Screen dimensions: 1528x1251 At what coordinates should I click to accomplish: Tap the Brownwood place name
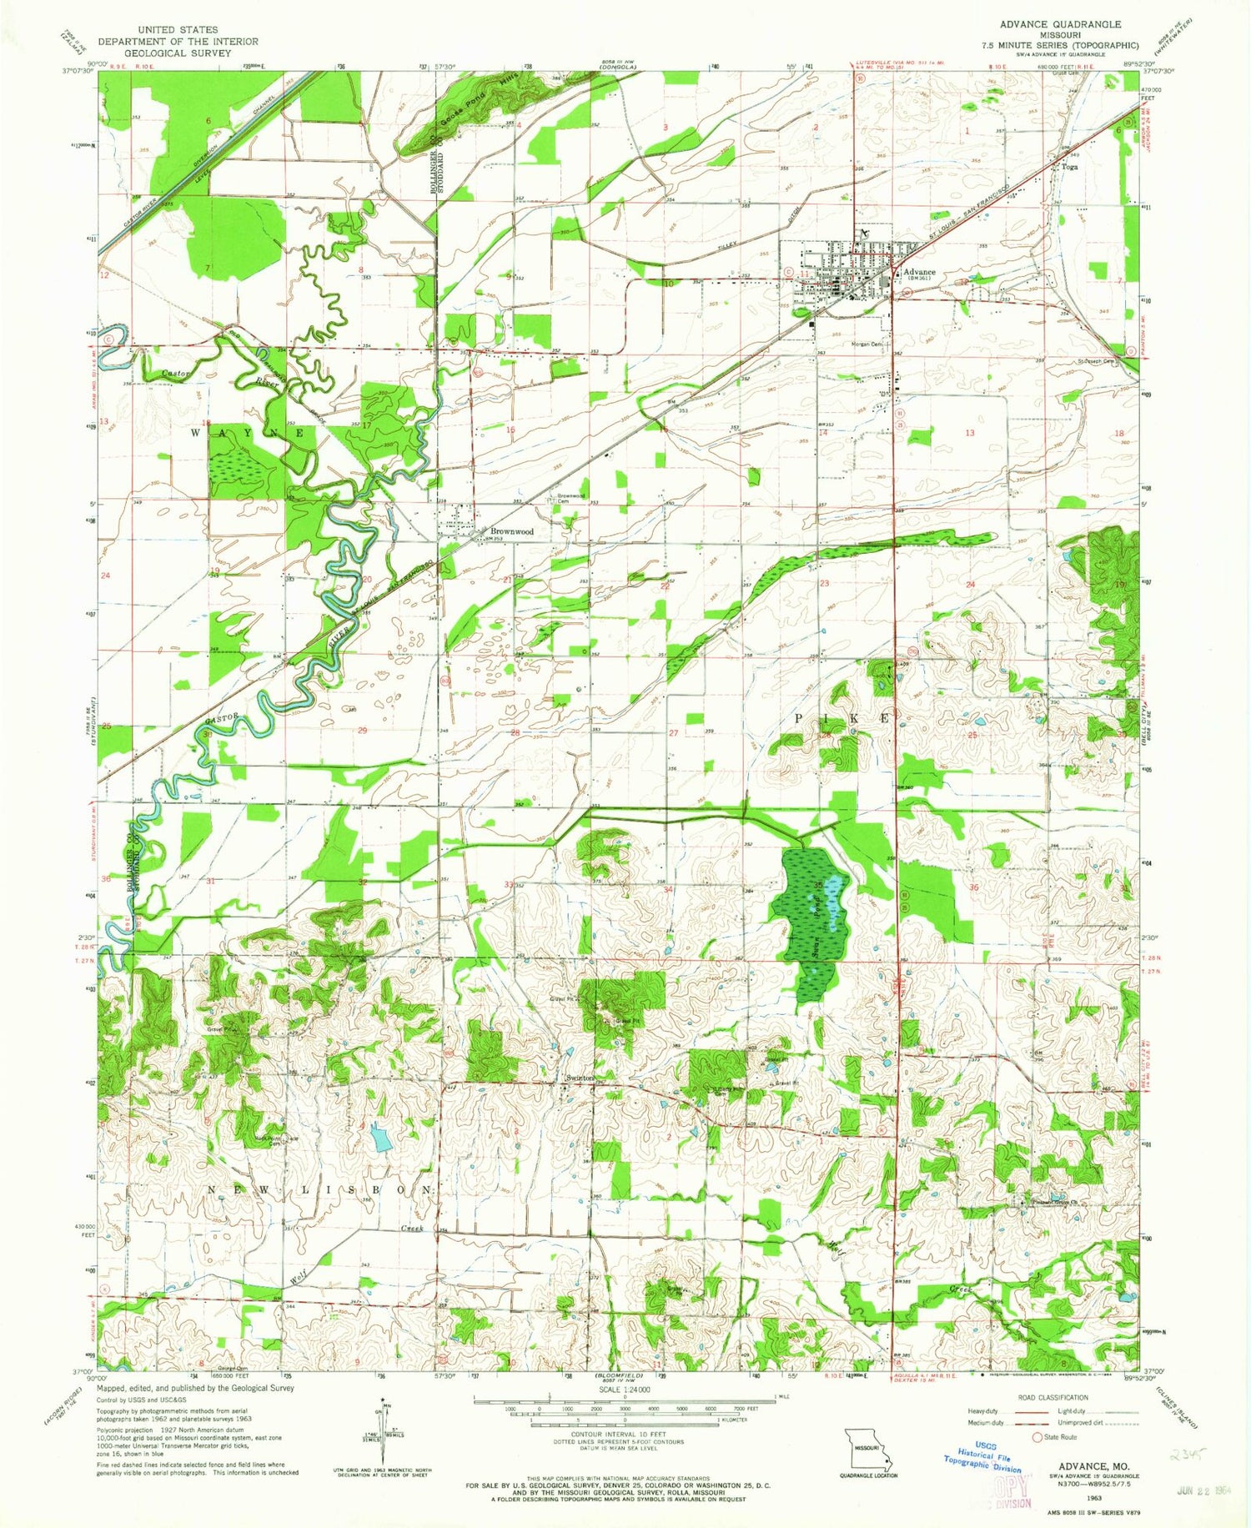511,531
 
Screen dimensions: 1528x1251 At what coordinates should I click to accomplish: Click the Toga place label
1069,167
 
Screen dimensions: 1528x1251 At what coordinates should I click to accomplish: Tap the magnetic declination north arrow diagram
384,1431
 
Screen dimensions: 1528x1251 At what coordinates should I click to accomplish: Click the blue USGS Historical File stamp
982,1459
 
